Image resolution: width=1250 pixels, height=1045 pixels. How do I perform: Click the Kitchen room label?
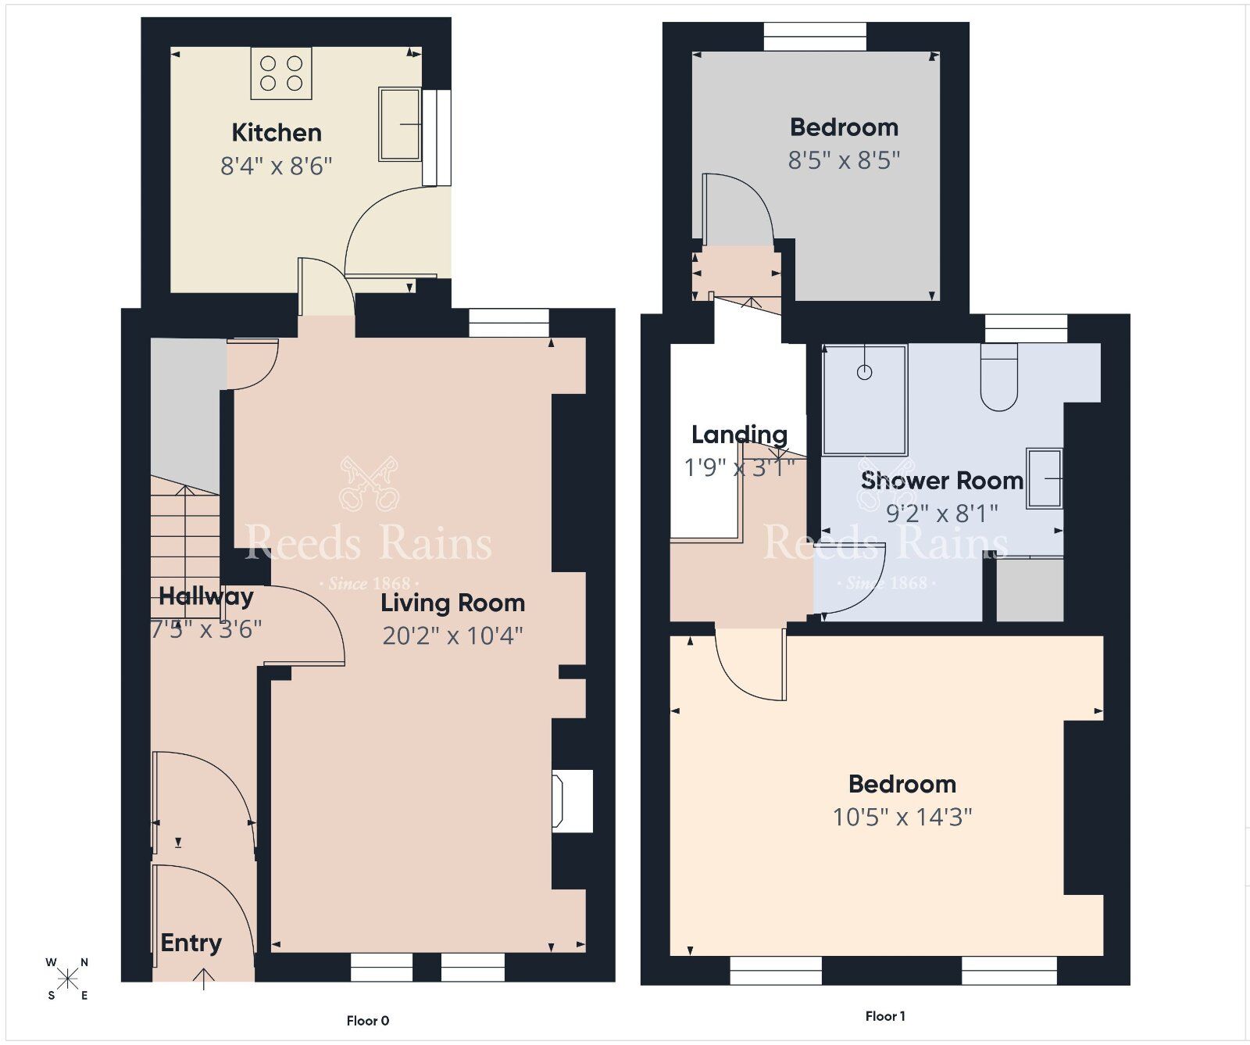[x=277, y=133]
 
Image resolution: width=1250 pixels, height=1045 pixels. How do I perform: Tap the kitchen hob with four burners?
[x=281, y=73]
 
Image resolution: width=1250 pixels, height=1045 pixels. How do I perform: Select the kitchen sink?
[x=400, y=123]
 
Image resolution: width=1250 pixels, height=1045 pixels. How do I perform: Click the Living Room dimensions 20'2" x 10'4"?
[x=452, y=636]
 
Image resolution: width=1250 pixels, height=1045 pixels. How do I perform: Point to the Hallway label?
[x=206, y=597]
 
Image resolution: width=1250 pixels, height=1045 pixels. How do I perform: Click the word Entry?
[x=191, y=943]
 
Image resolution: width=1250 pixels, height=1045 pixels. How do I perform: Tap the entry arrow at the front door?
[x=203, y=979]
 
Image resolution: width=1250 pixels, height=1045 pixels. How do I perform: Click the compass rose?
[x=68, y=978]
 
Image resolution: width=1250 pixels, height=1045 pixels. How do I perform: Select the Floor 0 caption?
[x=368, y=1020]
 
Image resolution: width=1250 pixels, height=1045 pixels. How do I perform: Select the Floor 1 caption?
[x=885, y=1016]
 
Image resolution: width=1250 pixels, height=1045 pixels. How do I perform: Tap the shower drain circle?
[x=864, y=372]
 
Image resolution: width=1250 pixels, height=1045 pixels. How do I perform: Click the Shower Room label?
[x=942, y=481]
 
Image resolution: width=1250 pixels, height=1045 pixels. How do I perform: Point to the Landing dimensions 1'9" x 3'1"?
[x=739, y=467]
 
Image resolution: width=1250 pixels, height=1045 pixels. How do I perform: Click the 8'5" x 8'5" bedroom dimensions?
[x=844, y=160]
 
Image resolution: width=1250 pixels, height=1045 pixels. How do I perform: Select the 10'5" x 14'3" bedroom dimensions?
[x=902, y=817]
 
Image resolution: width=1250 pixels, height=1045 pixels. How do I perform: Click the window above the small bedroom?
[x=815, y=37]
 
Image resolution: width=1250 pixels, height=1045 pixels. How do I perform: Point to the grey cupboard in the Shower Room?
[x=1030, y=590]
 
